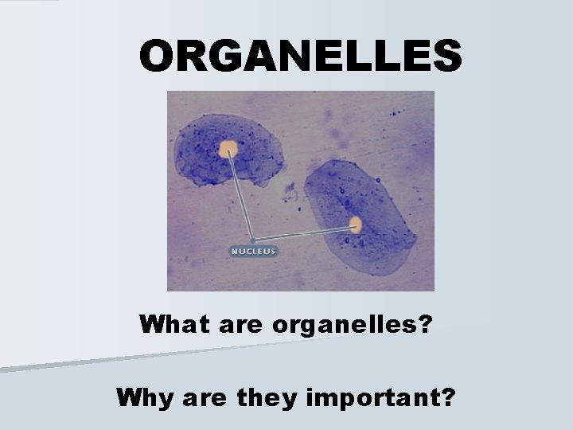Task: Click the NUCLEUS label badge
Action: [x=253, y=251]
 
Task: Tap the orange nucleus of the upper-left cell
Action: [x=228, y=147]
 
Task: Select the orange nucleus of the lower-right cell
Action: [x=354, y=225]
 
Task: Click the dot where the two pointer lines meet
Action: [x=252, y=240]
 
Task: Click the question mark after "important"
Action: [x=449, y=397]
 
